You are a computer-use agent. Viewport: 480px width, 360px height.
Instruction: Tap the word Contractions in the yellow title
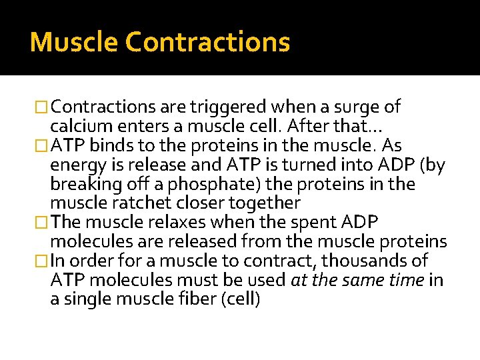(x=207, y=42)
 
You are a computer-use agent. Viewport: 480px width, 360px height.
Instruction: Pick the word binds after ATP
(x=109, y=145)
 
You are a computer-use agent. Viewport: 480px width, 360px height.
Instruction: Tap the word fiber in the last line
(x=184, y=299)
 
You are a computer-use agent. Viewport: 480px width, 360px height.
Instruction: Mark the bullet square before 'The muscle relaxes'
(x=43, y=222)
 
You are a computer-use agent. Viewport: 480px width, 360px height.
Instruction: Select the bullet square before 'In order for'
(x=43, y=261)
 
